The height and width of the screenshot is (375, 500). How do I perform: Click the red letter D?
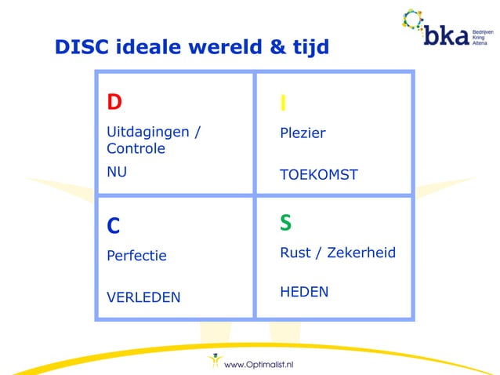pyautogui.click(x=114, y=102)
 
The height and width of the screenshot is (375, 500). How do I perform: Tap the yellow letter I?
pyautogui.click(x=283, y=104)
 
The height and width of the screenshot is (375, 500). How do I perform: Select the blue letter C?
pyautogui.click(x=114, y=226)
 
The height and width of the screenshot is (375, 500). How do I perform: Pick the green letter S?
pyautogui.click(x=286, y=224)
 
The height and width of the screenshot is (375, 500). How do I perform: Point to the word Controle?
pyautogui.click(x=136, y=148)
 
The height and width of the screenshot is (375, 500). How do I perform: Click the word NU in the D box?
pyautogui.click(x=117, y=168)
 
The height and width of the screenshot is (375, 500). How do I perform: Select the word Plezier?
pyautogui.click(x=303, y=133)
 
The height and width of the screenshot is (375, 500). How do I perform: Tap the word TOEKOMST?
pyautogui.click(x=318, y=175)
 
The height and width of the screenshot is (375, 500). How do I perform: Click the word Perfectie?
pyautogui.click(x=136, y=256)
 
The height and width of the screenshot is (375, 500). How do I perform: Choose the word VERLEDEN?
pyautogui.click(x=143, y=297)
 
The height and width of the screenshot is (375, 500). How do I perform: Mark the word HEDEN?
pyautogui.click(x=304, y=292)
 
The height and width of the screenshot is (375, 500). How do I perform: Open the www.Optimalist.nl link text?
pyautogui.click(x=259, y=364)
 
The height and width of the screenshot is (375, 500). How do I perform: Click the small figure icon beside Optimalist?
pyautogui.click(x=214, y=362)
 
